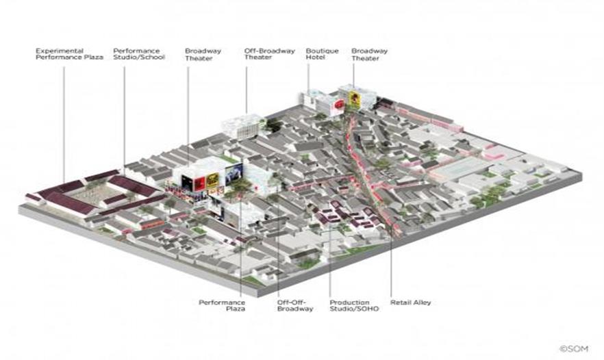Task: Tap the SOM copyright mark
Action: [x=572, y=348]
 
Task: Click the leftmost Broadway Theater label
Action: [x=198, y=54]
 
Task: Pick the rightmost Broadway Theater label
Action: [x=369, y=54]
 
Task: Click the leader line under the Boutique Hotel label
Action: [x=309, y=79]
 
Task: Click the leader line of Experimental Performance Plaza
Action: [x=64, y=116]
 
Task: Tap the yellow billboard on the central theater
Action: [x=213, y=179]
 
